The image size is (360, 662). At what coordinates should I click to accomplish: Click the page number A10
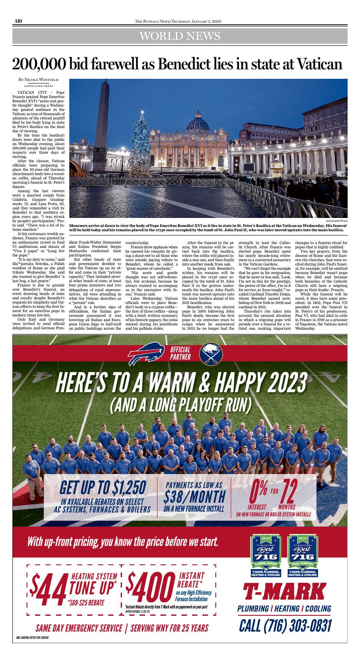pyautogui.click(x=18, y=21)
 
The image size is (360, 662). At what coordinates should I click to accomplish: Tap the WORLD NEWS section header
pyautogui.click(x=180, y=36)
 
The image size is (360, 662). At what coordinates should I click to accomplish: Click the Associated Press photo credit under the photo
pyautogui.click(x=336, y=221)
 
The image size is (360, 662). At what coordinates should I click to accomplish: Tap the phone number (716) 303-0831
pyautogui.click(x=285, y=626)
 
